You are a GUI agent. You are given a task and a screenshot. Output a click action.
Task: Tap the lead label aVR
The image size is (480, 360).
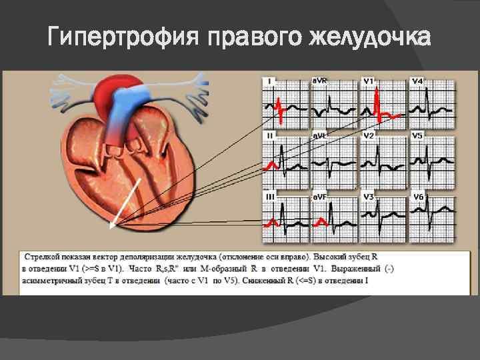tap(320, 81)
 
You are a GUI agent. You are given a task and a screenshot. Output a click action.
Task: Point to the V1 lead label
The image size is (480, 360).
tap(368, 81)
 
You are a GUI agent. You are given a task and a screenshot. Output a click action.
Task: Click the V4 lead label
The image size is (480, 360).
tap(417, 81)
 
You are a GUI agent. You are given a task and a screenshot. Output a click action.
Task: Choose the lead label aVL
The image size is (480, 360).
tap(320, 136)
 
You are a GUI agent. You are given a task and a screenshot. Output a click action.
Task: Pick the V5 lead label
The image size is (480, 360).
tap(417, 136)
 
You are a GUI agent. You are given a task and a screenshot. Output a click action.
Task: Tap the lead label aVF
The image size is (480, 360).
tap(320, 197)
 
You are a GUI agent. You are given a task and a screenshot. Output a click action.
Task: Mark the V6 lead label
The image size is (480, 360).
tap(417, 197)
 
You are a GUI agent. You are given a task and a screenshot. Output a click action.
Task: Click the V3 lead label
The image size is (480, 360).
tap(368, 197)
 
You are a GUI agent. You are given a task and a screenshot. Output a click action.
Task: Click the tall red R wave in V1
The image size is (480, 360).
tap(377, 100)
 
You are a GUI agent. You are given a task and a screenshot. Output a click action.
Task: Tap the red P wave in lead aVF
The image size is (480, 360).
tap(321, 221)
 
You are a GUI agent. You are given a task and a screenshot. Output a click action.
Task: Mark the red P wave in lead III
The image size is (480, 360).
tap(271, 221)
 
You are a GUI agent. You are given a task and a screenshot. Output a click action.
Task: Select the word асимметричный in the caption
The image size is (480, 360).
tap(56, 281)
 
